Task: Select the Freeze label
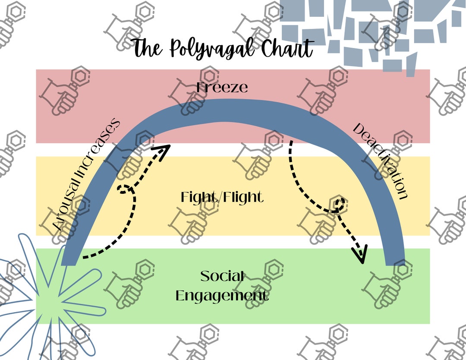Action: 222,88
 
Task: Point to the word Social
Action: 222,276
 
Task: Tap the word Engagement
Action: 222,296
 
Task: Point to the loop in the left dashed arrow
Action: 126,189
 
